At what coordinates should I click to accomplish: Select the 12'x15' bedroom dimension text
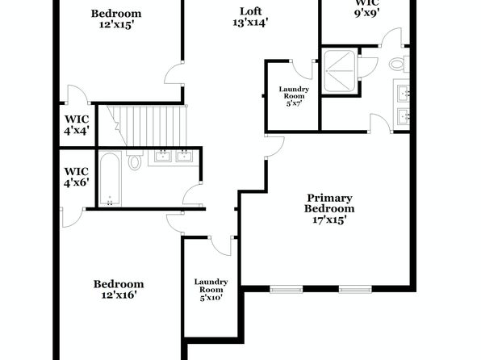pyautogui.click(x=116, y=24)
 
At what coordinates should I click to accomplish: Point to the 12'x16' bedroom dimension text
pyautogui.click(x=119, y=295)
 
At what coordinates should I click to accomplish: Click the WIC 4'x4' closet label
pyautogui.click(x=77, y=125)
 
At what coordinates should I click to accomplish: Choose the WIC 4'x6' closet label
pyautogui.click(x=77, y=177)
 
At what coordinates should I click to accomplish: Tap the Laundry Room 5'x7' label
pyautogui.click(x=294, y=96)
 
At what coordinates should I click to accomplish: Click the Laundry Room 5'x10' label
pyautogui.click(x=211, y=290)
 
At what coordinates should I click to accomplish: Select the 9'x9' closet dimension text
pyautogui.click(x=367, y=14)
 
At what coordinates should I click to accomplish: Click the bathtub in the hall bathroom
pyautogui.click(x=110, y=179)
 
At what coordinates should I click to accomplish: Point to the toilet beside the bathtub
pyautogui.click(x=134, y=161)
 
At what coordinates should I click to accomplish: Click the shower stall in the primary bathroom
pyautogui.click(x=339, y=71)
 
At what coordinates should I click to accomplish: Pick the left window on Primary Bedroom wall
pyautogui.click(x=287, y=289)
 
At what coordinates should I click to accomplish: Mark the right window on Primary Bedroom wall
pyautogui.click(x=355, y=289)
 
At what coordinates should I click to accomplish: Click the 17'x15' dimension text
pyautogui.click(x=329, y=220)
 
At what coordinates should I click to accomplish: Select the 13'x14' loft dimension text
pyautogui.click(x=251, y=23)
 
